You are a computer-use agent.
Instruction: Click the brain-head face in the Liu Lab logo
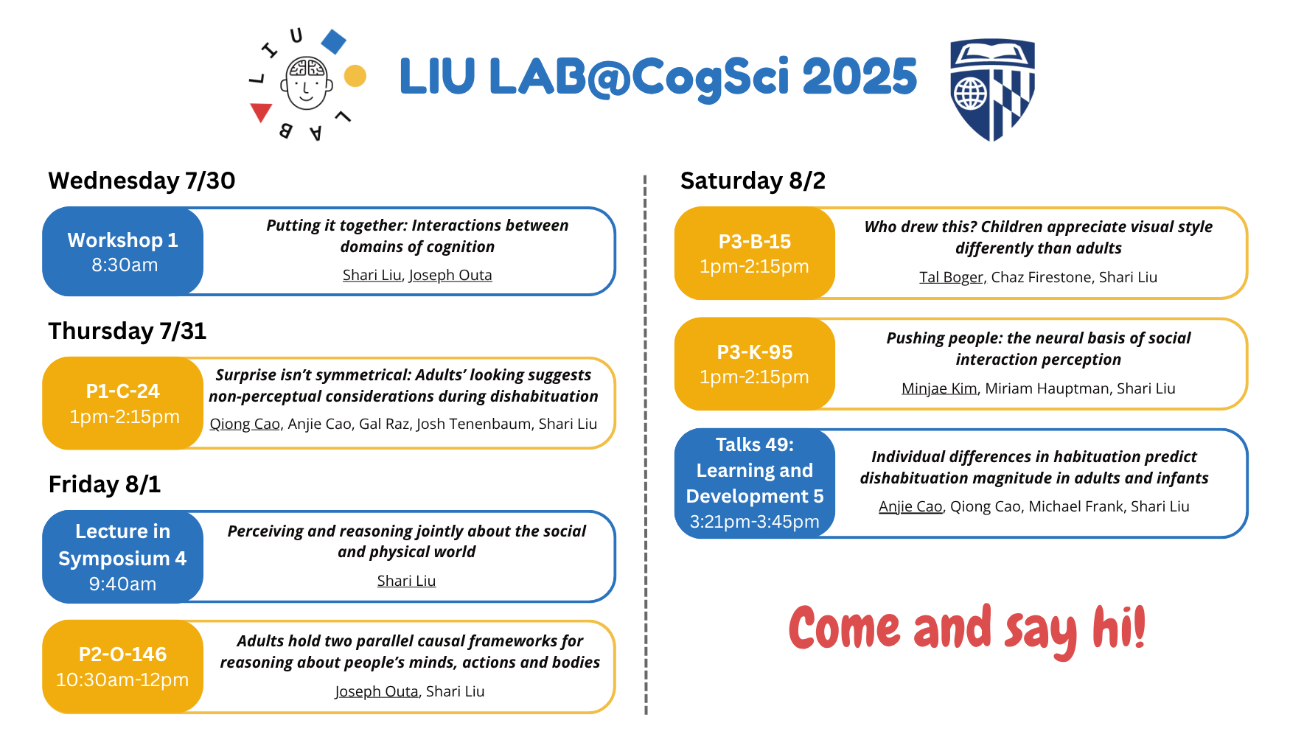pos(307,83)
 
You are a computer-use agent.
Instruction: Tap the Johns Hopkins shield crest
pos(992,89)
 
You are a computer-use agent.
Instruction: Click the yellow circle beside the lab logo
pos(355,76)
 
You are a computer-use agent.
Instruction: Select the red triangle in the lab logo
pos(261,112)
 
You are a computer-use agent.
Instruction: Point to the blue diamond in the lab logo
pos(334,42)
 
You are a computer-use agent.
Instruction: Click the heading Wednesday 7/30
pos(142,181)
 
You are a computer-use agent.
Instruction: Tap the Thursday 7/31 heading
pos(128,331)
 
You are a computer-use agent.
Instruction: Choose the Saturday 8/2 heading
pos(753,181)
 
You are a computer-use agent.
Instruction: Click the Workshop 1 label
pos(122,240)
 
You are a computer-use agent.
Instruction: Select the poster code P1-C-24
pos(122,391)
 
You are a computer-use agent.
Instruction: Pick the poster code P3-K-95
pos(755,352)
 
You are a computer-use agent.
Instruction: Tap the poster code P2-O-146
pos(122,654)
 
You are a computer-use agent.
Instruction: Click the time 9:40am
pos(122,584)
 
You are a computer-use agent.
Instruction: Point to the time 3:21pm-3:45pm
pos(755,522)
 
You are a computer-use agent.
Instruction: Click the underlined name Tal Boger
pos(951,277)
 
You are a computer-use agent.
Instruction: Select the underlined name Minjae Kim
pos(939,388)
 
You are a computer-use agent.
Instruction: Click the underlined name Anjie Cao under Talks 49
pos(910,506)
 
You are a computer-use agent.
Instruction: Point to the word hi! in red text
pos(1119,627)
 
